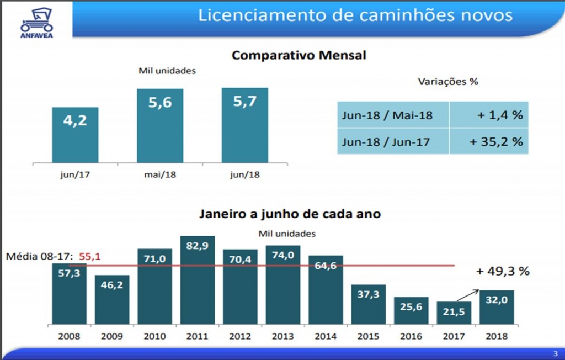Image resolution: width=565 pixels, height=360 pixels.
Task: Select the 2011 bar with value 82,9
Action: [x=198, y=280]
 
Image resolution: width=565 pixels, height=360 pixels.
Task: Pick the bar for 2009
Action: [x=112, y=299]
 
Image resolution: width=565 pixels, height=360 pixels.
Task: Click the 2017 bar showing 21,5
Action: [x=454, y=313]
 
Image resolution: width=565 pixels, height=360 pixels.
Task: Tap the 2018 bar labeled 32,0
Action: [x=497, y=307]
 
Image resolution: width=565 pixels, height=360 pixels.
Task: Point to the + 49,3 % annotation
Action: [x=503, y=272]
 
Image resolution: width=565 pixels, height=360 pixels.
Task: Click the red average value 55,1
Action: [x=90, y=256]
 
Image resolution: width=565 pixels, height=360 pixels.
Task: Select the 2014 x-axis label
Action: [x=326, y=336]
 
